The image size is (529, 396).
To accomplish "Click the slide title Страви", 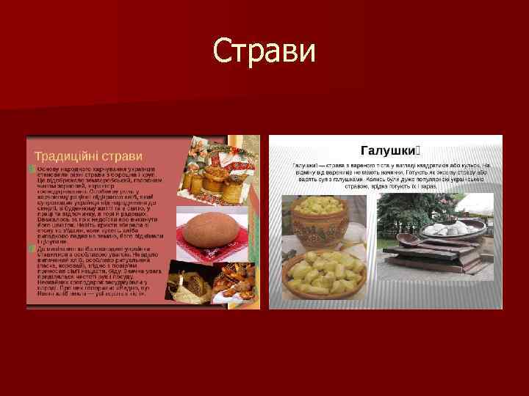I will [264, 52].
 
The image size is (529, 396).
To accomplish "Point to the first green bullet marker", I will [30, 170].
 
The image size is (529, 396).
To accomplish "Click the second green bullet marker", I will [30, 249].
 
